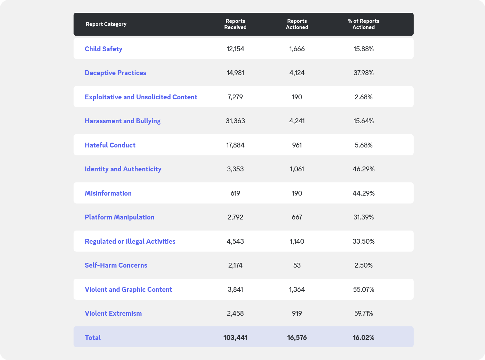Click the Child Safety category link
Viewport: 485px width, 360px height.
pos(103,49)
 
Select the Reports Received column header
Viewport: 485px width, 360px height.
pos(235,24)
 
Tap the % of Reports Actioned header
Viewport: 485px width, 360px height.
pos(363,24)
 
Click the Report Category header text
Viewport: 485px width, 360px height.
pos(106,24)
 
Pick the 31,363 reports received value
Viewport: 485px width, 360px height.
pos(235,121)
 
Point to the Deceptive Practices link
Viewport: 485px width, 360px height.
pos(115,73)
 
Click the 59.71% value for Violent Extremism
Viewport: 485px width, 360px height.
pos(363,313)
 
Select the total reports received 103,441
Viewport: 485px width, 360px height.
pos(235,337)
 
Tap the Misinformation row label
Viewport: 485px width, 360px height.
pos(108,193)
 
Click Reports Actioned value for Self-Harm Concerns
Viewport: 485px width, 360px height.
pos(297,265)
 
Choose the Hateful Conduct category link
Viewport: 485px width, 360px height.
pos(110,145)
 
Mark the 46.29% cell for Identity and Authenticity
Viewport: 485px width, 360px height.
pos(363,169)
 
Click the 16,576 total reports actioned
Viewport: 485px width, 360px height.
pos(297,337)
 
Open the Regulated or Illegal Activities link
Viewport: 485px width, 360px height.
pos(130,241)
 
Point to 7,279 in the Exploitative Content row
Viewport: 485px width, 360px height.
pos(235,97)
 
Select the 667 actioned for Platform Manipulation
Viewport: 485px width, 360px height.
pos(297,217)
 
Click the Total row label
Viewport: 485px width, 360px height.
pos(93,337)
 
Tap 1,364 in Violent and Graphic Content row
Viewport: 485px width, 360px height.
pos(297,289)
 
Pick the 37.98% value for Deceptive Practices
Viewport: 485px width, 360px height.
pos(363,73)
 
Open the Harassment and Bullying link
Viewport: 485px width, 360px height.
pos(123,121)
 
